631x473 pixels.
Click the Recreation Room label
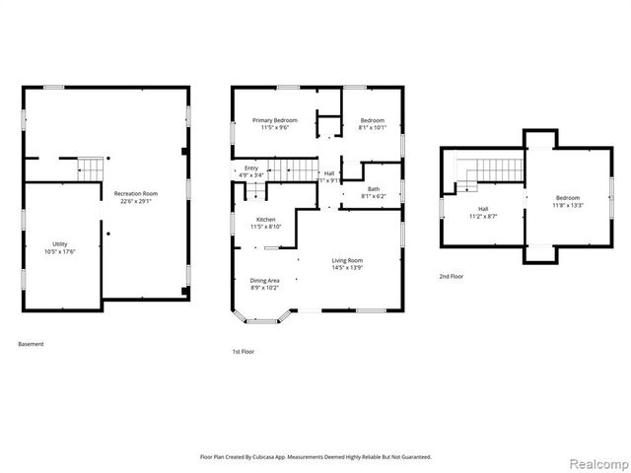pos(136,194)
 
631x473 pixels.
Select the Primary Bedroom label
pos(274,120)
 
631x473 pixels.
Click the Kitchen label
pos(266,219)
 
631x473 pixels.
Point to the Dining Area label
pos(264,280)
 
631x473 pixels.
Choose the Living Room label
pos(347,260)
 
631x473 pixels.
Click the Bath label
pos(374,188)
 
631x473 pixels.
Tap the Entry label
pos(250,169)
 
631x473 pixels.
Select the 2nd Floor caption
pos(452,277)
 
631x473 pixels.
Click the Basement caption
pos(31,344)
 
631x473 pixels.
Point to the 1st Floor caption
pos(243,351)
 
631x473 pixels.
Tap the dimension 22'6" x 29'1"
pos(136,201)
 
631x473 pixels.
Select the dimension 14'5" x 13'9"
pos(347,267)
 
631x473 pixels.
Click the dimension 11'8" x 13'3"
pos(540,205)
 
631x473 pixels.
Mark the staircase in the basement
pos(90,169)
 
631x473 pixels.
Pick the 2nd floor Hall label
pos(483,208)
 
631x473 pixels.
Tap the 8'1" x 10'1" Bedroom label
pos(372,120)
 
